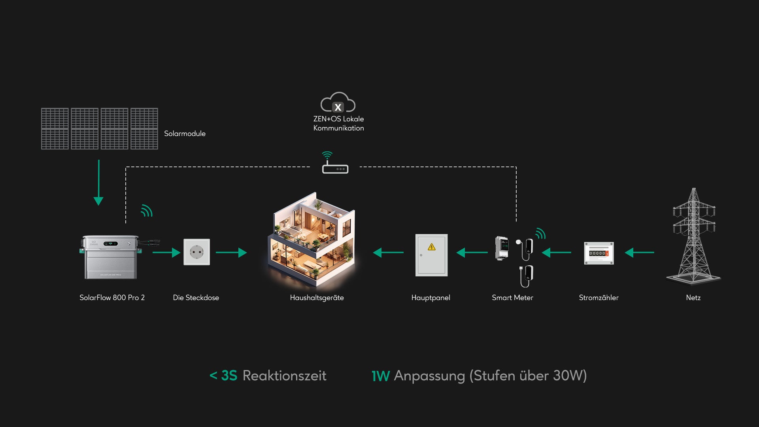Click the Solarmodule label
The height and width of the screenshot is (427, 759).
pos(185,134)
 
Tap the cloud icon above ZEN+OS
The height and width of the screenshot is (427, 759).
pos(338,102)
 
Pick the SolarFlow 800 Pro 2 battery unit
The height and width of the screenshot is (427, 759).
pos(110,257)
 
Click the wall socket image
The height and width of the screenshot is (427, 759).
pos(196,252)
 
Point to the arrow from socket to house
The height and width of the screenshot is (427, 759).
pos(231,252)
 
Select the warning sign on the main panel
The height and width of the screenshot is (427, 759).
pos(432,247)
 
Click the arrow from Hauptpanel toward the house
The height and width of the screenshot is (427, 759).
pos(388,252)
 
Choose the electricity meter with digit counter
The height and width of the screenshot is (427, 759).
pos(599,253)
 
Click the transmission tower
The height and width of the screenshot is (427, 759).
pos(694,237)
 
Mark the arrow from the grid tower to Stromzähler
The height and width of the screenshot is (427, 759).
pos(639,252)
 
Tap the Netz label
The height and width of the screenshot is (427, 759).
pos(693,298)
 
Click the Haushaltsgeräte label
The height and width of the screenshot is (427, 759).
pos(317,298)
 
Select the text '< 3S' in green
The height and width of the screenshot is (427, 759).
pos(223,376)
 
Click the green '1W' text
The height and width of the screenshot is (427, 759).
pos(380,376)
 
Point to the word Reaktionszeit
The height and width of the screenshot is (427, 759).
pos(284,376)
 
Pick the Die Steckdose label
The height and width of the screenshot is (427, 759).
pos(196,298)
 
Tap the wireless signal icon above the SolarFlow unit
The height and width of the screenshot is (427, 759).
pos(147,211)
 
